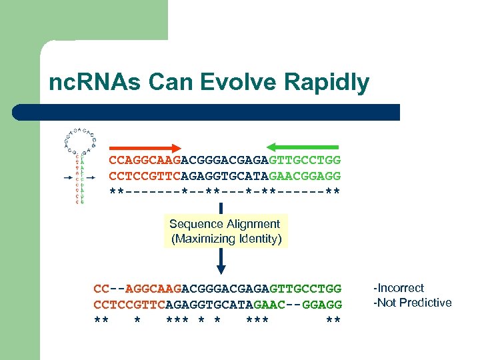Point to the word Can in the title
[173, 83]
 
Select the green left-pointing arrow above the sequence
[303, 148]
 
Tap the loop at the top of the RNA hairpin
[81, 135]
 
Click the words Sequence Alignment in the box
[225, 224]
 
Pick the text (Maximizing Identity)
[226, 239]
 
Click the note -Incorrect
[399, 288]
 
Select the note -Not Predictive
[413, 303]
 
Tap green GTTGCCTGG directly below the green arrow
[305, 161]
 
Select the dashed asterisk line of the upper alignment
[225, 192]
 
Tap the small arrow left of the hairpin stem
[67, 179]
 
